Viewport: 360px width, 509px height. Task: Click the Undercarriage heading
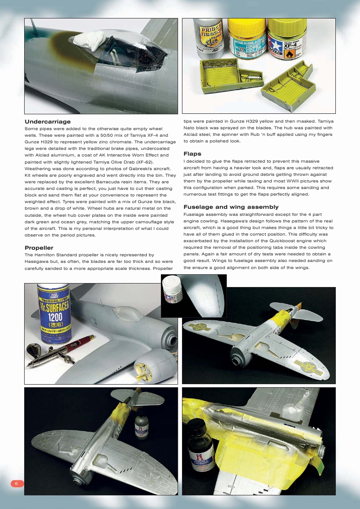point(47,122)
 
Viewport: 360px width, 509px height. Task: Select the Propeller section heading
point(39,248)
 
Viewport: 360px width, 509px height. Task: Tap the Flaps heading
point(192,154)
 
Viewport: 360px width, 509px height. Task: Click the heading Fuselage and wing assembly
point(231,207)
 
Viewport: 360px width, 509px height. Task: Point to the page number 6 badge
point(16,484)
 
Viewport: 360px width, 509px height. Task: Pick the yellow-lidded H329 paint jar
point(246,41)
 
